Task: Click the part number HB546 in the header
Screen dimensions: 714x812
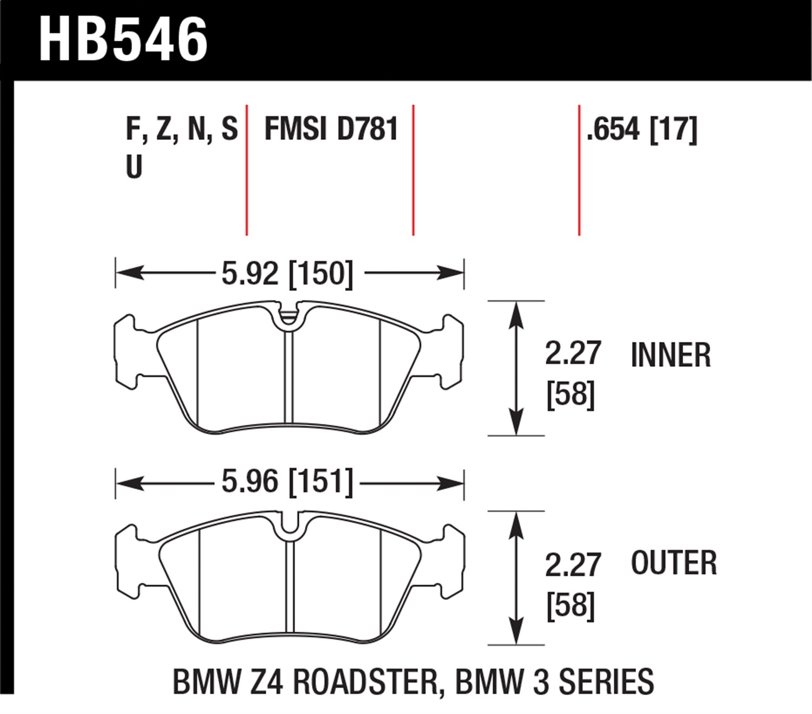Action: [x=123, y=39]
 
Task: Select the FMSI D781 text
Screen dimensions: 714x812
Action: [x=331, y=129]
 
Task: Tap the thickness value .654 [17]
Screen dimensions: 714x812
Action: [x=642, y=130]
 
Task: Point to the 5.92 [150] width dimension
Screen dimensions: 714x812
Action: [x=287, y=273]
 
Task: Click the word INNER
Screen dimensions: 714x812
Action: [x=670, y=355]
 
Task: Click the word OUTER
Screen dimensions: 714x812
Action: [x=673, y=563]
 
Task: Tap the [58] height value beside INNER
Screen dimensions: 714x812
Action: [x=571, y=395]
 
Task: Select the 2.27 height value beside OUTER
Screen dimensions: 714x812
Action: [x=573, y=564]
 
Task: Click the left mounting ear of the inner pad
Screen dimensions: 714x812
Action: [x=126, y=352]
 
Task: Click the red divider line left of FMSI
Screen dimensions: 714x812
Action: [x=247, y=170]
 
